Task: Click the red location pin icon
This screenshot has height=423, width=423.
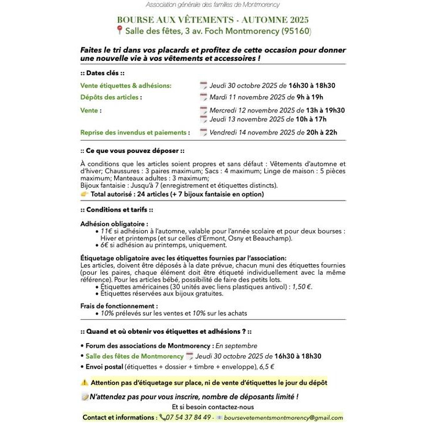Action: pos(119,30)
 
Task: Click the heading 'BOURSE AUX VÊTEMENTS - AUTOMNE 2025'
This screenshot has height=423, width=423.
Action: pos(213,19)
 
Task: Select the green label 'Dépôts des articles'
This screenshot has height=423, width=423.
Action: pos(111,97)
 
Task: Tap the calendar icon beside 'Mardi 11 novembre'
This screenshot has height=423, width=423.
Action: pos(203,97)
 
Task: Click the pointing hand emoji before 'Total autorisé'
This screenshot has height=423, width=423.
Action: pos(85,194)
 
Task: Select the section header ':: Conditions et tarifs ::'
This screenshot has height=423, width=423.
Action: pos(116,210)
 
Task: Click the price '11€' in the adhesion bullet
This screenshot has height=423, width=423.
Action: pos(106,231)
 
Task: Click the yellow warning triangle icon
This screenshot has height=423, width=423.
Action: pos(85,382)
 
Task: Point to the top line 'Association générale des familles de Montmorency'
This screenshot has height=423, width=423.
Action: pos(212,5)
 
